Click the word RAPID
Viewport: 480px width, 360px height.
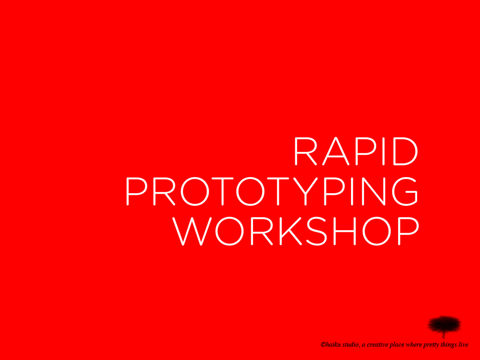(356, 151)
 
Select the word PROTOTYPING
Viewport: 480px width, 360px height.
(271, 191)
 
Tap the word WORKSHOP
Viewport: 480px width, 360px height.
(295, 231)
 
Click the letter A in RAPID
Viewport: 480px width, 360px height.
(336, 151)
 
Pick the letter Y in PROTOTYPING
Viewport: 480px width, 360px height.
(306, 191)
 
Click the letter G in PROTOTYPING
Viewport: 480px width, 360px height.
(404, 191)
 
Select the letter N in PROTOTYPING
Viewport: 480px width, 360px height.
(373, 191)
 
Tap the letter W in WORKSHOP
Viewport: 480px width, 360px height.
(192, 231)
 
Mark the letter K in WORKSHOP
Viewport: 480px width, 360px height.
(291, 231)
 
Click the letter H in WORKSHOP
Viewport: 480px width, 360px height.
(344, 231)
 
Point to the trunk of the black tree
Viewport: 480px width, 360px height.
(444, 334)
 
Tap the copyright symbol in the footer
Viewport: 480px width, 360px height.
(323, 345)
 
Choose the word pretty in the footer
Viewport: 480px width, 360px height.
(431, 345)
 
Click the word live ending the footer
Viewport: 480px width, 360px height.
(463, 345)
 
